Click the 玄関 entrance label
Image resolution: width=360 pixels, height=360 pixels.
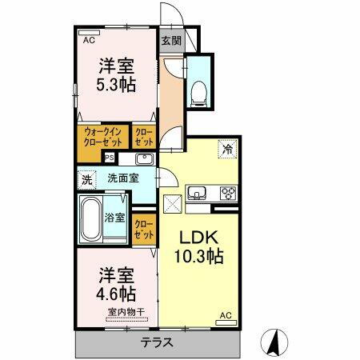(x=170, y=41)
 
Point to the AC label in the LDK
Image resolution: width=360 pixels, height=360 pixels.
(x=225, y=315)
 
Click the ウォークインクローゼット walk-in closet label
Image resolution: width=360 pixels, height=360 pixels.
(x=102, y=138)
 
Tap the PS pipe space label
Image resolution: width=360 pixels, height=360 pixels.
(x=109, y=158)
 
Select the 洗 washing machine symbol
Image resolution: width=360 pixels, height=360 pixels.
(x=86, y=180)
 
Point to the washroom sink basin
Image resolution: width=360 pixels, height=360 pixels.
(x=144, y=159)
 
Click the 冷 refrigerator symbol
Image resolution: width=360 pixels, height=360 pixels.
(x=228, y=149)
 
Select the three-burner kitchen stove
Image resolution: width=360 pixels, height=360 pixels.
(x=226, y=192)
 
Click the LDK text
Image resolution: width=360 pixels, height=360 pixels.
(x=197, y=238)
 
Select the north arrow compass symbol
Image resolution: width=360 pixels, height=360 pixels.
(x=274, y=342)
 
